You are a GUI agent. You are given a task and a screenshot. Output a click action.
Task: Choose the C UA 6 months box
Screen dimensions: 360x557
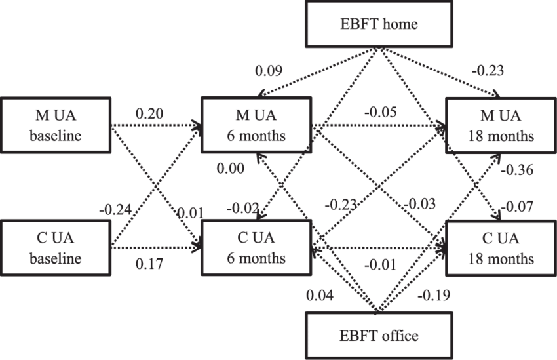tap(256, 248)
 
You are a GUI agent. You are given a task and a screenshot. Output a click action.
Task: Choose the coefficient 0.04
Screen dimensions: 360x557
tap(320, 295)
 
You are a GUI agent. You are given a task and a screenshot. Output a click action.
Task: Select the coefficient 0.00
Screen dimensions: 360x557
tap(230, 169)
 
